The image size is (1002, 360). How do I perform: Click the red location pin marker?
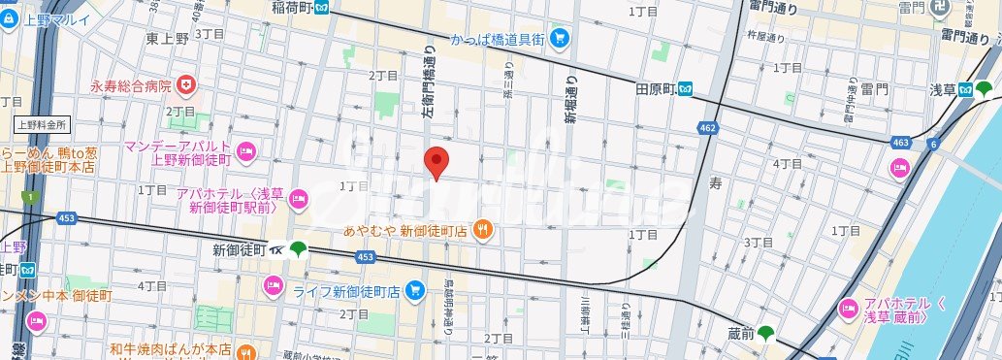tap(436, 162)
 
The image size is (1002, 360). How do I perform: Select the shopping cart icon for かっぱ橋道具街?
tap(559, 39)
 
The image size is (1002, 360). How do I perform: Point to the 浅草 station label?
tap(943, 89)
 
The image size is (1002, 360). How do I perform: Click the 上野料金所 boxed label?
tap(41, 124)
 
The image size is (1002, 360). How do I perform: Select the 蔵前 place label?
tap(738, 334)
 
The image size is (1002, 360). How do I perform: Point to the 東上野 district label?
tap(167, 38)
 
